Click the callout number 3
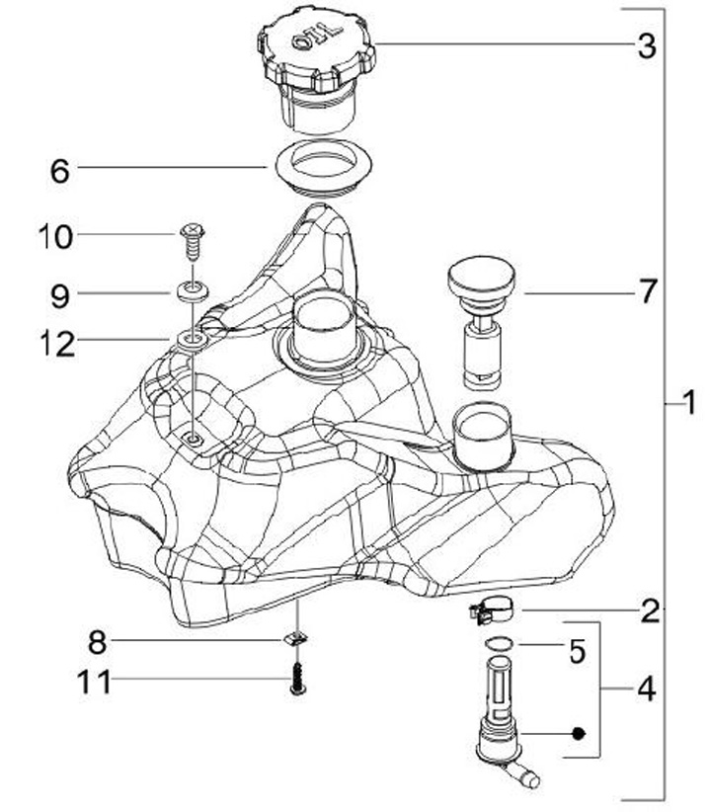click(x=646, y=46)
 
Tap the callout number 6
click(x=60, y=171)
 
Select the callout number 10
click(x=55, y=237)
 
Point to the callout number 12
click(x=57, y=345)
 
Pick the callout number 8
click(x=98, y=643)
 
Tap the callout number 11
click(x=94, y=682)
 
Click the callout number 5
click(x=578, y=651)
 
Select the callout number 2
click(x=651, y=611)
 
